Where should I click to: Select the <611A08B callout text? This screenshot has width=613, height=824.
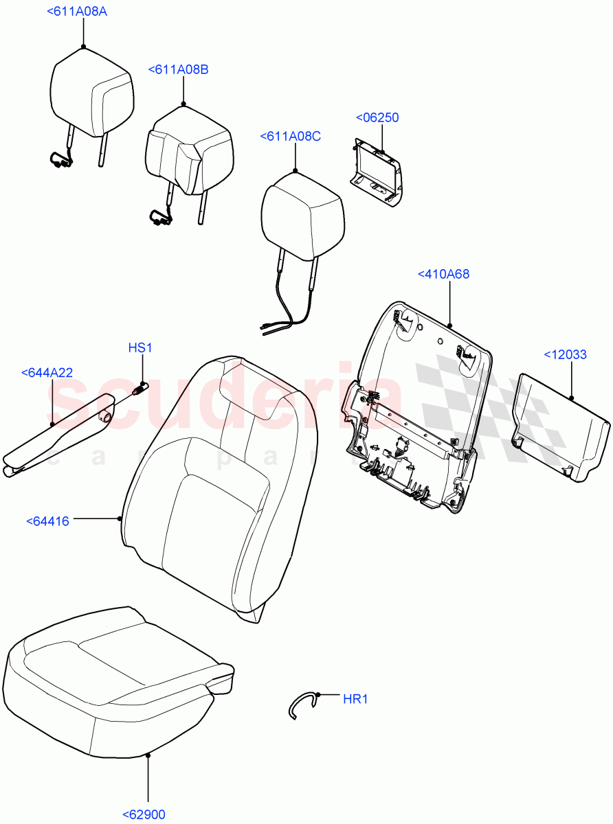[x=178, y=70]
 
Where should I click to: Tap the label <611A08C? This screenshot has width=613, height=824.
[x=290, y=136]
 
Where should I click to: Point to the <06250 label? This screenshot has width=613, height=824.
[x=377, y=117]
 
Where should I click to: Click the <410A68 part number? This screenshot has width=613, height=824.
[x=443, y=274]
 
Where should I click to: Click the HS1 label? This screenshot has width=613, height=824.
[x=140, y=348]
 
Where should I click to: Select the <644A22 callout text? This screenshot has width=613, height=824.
[x=47, y=372]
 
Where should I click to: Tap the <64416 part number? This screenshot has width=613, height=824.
[x=47, y=521]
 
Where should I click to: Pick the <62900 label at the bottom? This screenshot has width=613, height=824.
[x=144, y=814]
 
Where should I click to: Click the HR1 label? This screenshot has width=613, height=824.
[x=355, y=699]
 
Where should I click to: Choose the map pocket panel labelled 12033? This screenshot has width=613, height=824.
[x=560, y=426]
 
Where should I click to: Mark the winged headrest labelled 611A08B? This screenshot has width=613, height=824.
[x=189, y=151]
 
